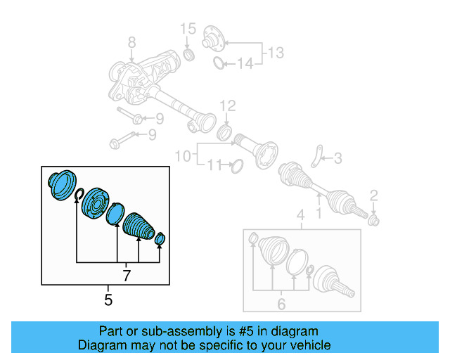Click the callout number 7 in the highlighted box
(127, 276)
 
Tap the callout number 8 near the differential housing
(130, 46)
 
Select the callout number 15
(187, 29)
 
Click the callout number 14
(244, 65)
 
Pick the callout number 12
(227, 106)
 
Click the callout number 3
(337, 160)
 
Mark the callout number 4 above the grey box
(300, 214)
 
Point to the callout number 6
(281, 304)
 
